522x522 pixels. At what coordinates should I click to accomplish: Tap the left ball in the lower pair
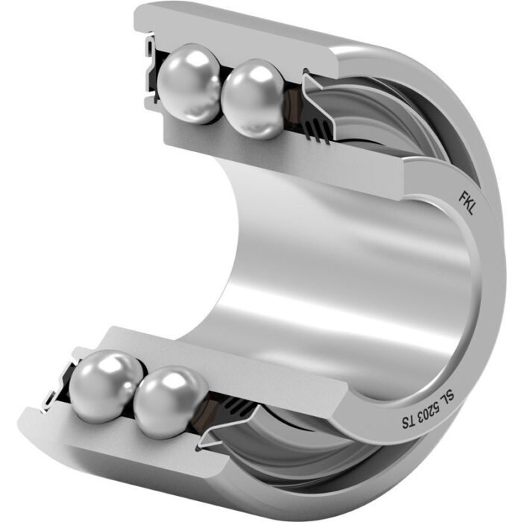tap(107, 386)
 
